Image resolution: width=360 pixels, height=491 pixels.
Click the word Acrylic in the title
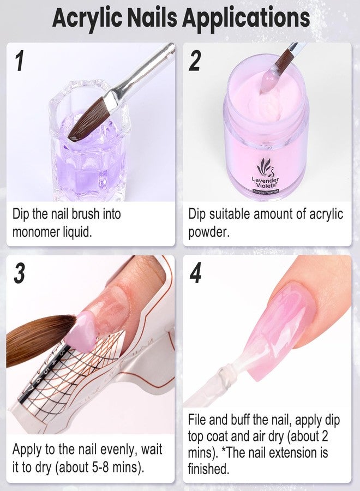pos(88,18)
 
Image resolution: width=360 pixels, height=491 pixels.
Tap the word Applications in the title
pos(247,18)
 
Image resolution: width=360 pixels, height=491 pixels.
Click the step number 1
pos(20,61)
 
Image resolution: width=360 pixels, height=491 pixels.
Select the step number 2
pos(195,61)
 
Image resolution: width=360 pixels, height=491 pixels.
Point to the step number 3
pos(20,273)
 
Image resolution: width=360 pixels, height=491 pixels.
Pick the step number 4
pos(195,273)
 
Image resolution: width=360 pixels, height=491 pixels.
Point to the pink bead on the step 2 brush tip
pos(268,81)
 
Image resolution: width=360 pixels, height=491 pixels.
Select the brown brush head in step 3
pos(38,339)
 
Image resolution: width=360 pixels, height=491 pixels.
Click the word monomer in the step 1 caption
pos(35,232)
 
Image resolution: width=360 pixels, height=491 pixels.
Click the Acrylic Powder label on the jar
pos(266,191)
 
